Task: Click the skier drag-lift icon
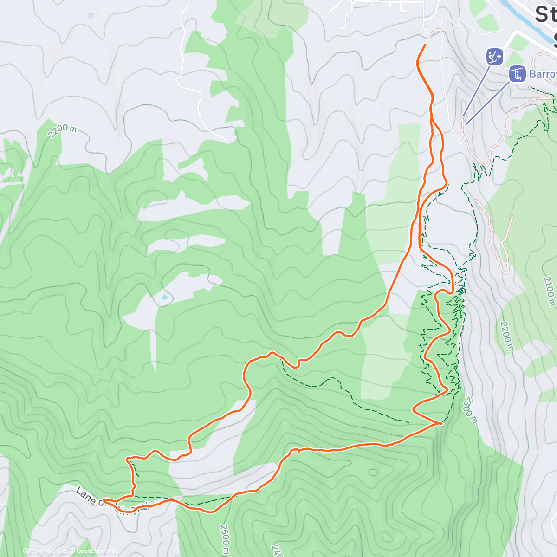(495, 57)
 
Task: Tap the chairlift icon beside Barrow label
(517, 74)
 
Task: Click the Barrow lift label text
(543, 74)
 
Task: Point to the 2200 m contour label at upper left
(62, 130)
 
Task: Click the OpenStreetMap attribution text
(97, 551)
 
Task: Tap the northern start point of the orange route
(425, 45)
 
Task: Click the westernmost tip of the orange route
(103, 501)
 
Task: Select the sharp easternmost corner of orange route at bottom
(441, 423)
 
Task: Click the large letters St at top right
(545, 15)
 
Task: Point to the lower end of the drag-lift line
(463, 116)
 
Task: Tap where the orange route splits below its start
(431, 119)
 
